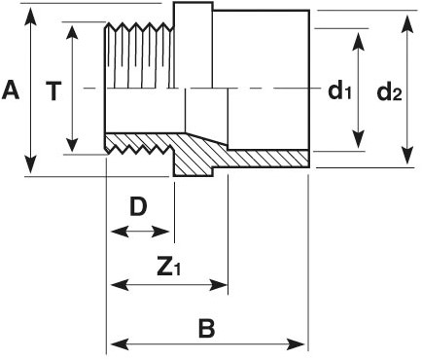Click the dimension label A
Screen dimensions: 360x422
(12, 90)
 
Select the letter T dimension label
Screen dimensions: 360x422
(54, 90)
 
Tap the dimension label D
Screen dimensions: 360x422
(139, 207)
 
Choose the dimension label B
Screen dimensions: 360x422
(206, 327)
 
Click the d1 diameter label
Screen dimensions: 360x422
(338, 92)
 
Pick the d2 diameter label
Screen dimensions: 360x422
(390, 92)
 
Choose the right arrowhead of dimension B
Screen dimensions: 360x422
(300, 343)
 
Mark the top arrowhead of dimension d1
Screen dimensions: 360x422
(360, 36)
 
